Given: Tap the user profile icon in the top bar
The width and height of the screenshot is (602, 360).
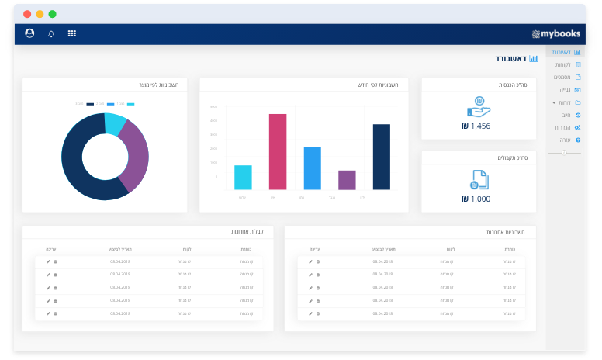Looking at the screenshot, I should [x=29, y=33].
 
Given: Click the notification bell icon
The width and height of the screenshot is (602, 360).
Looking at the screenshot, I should [x=51, y=33].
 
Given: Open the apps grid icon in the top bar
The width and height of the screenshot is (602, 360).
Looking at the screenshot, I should [x=72, y=33].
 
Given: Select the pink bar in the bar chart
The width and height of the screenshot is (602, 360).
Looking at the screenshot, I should [x=278, y=151].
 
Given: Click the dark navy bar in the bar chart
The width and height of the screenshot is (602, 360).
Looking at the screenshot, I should [x=381, y=157].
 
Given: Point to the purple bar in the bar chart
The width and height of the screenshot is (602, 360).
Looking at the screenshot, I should [x=347, y=180].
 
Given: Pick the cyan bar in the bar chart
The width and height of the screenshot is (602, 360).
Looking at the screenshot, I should [x=243, y=177].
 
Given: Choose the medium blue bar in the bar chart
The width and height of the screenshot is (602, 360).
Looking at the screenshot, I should [x=312, y=168].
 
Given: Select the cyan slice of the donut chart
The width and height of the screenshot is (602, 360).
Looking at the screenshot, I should [x=115, y=123].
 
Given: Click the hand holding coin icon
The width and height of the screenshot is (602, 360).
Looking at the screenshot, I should [x=479, y=106].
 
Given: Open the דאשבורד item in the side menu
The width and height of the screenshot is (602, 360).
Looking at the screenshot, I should [x=566, y=52].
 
